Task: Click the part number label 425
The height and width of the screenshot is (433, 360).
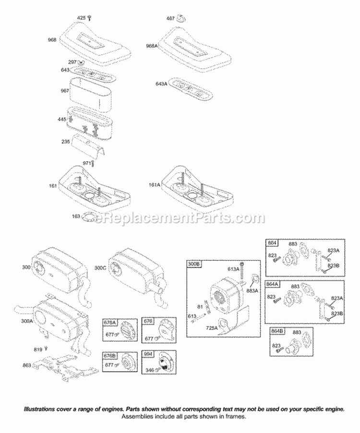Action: (x=81, y=18)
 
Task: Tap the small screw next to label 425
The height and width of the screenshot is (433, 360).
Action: (x=89, y=18)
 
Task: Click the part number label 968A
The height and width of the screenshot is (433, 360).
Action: (x=153, y=46)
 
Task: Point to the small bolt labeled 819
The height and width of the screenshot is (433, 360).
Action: (x=47, y=349)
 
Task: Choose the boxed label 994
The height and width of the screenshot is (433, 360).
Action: (x=148, y=354)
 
